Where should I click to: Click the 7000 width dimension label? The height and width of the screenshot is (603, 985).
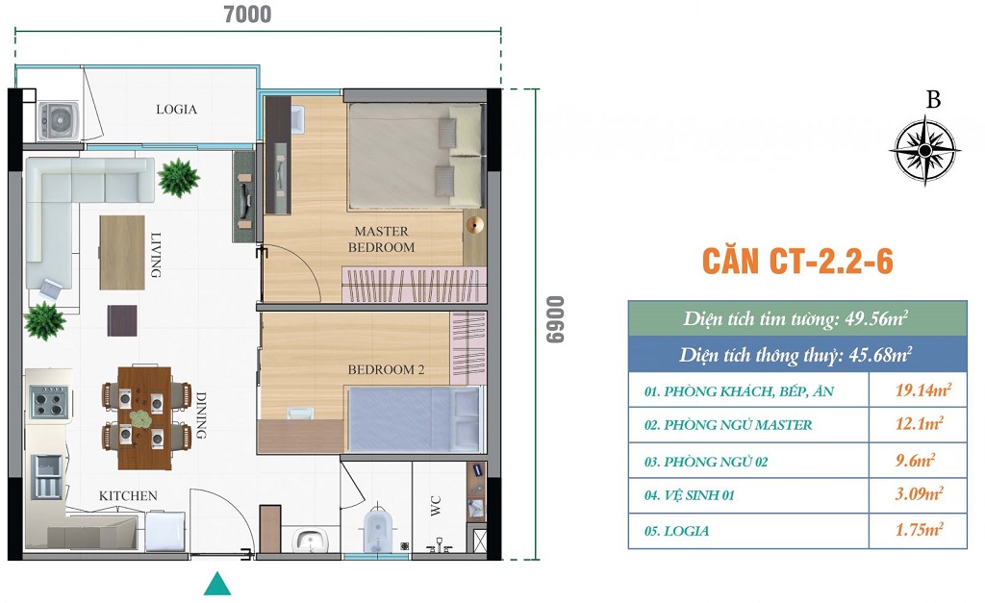[247, 13]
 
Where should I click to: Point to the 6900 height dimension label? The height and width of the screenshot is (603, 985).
[555, 319]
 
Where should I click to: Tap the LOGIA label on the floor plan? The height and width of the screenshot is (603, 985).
[177, 110]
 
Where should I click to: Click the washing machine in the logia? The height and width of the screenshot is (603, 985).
[59, 120]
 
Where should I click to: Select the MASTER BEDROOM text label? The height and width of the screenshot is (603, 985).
[381, 239]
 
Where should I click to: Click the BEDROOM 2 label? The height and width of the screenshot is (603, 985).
[387, 370]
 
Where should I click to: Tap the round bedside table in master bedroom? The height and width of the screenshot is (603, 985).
[475, 224]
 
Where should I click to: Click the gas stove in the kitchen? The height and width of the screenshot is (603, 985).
[49, 402]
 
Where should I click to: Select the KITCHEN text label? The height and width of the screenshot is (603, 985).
[128, 496]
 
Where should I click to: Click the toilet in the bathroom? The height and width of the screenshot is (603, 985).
[377, 529]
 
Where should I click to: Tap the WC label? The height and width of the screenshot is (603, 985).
[436, 506]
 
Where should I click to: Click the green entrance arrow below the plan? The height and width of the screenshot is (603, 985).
[217, 584]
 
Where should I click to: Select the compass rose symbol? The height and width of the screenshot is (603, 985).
[924, 151]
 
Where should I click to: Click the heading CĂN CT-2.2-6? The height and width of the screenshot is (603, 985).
[797, 261]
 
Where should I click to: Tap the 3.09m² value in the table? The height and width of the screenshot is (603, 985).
[919, 493]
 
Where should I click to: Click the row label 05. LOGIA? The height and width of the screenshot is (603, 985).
[676, 532]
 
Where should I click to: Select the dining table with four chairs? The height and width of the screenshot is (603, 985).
[146, 416]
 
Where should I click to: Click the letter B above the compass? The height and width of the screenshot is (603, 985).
[933, 100]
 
